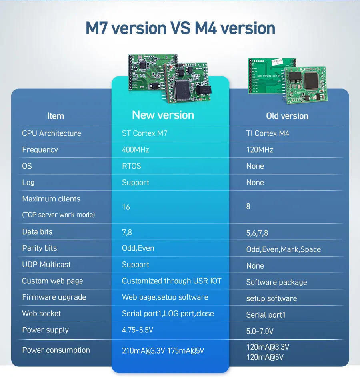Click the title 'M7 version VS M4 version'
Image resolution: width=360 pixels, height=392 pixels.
180,28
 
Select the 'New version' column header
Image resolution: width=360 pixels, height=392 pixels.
163,115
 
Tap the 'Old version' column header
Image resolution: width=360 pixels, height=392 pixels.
287,116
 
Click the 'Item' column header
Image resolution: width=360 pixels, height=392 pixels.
55,116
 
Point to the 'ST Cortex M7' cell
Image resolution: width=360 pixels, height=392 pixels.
144,133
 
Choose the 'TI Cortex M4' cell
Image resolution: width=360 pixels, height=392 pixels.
267,133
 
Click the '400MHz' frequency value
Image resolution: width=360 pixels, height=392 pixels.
135,150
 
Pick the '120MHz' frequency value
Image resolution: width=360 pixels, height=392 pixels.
260,150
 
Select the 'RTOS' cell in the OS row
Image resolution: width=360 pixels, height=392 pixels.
131,166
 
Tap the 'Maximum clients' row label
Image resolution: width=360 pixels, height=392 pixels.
51,199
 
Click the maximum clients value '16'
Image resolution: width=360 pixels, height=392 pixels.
126,207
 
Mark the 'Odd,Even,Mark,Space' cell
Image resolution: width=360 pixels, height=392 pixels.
283,249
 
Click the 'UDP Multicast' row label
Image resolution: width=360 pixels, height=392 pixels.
46,265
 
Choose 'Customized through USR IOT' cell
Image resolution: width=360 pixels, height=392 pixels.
171,281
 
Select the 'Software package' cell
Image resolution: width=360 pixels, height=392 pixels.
276,282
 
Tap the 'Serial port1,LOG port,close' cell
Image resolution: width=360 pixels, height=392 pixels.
168,314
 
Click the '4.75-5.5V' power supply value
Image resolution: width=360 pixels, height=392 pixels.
138,330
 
